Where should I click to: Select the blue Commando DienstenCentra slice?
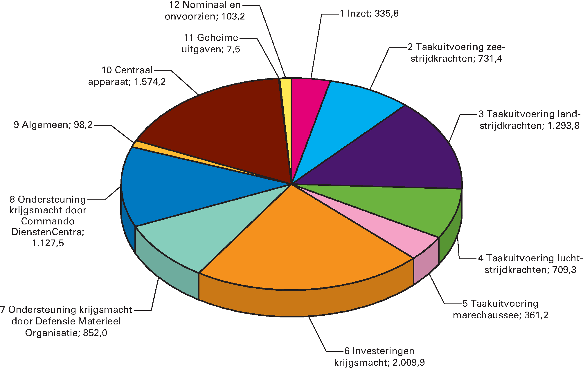click(x=174, y=186)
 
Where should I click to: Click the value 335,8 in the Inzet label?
click(x=386, y=14)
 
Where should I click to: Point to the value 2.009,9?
click(x=409, y=362)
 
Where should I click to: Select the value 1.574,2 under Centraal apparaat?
click(x=150, y=82)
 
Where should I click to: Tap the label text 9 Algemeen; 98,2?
click(x=53, y=125)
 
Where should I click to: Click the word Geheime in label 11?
click(x=217, y=37)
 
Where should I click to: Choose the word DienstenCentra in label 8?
click(x=48, y=232)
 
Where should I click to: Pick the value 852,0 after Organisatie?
click(x=95, y=333)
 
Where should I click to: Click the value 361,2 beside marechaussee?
click(x=536, y=315)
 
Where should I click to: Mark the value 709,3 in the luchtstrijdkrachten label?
click(x=564, y=270)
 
